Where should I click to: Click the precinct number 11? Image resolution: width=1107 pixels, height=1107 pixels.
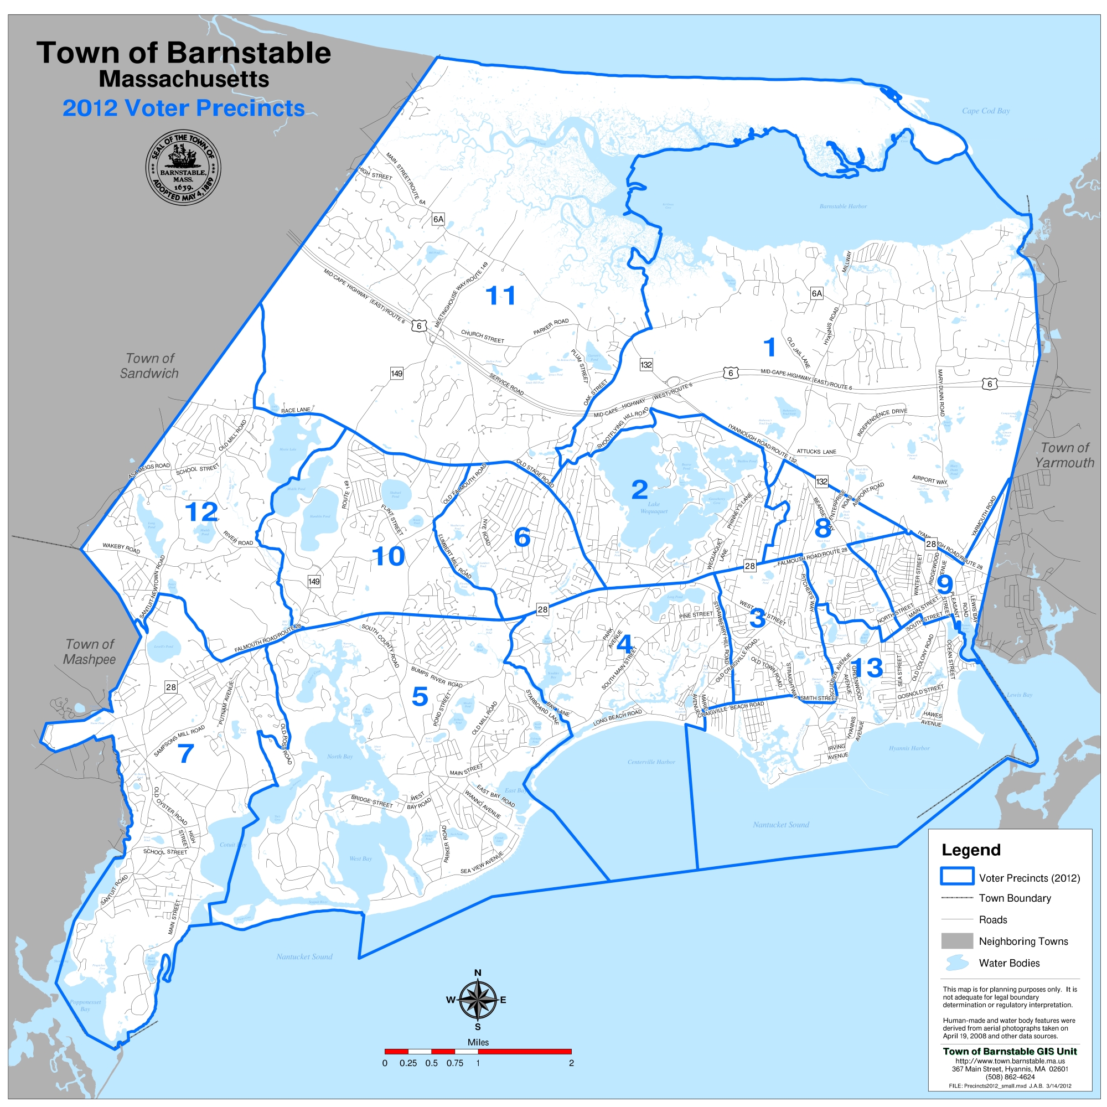[x=500, y=296]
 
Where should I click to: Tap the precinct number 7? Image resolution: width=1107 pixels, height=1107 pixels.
[x=185, y=753]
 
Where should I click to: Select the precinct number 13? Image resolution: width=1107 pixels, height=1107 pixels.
[x=866, y=668]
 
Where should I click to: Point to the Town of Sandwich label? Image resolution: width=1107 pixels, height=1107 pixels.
[x=149, y=365]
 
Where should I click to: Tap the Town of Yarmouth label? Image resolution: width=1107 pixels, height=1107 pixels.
[x=1064, y=455]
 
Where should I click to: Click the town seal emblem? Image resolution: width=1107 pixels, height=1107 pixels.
[x=183, y=169]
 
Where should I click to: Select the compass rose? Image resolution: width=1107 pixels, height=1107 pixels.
[x=478, y=1000]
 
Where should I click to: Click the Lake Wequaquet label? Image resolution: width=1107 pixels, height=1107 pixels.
[x=654, y=508]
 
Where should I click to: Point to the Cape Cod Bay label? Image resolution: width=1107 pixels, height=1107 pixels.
[x=986, y=111]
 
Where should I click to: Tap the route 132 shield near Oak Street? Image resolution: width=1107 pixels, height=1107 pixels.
[x=646, y=364]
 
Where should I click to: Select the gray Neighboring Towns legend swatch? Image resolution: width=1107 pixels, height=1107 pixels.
[x=956, y=941]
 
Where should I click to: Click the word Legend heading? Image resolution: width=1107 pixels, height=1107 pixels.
[x=971, y=850]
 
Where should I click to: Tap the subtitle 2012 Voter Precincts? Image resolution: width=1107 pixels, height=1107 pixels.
[x=183, y=108]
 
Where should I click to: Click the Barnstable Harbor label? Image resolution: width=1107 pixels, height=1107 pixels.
[x=843, y=206]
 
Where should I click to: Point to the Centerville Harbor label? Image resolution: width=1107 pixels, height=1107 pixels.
[x=651, y=762]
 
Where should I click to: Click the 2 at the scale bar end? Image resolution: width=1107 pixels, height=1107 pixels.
[x=571, y=1063]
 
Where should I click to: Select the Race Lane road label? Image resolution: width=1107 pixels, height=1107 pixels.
[x=296, y=410]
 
